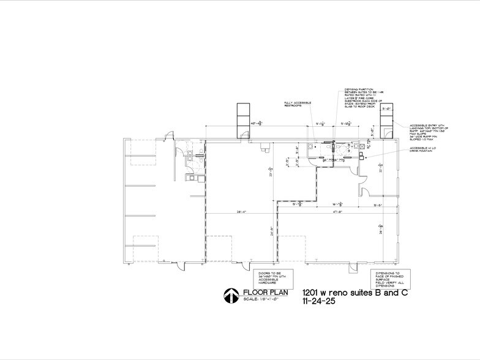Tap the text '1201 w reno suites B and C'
[x=354, y=293]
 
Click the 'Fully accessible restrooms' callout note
[x=298, y=104]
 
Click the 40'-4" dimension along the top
[x=257, y=124]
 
